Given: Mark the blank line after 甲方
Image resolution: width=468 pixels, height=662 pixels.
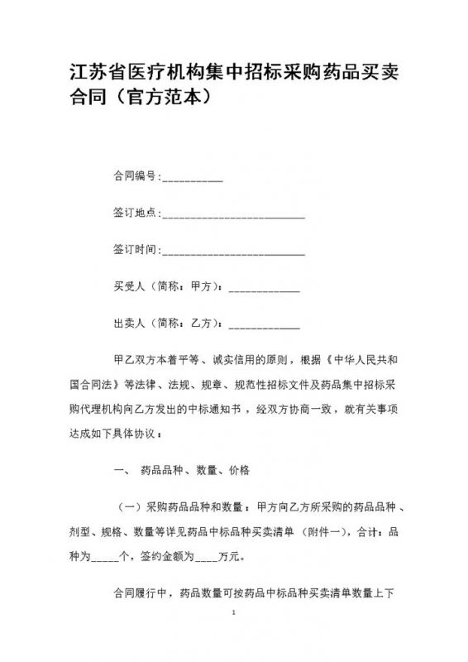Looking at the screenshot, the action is [263, 289].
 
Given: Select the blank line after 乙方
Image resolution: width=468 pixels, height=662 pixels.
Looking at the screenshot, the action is [263, 324].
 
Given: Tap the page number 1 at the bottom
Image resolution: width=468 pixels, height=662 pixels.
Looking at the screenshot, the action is [235, 637].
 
